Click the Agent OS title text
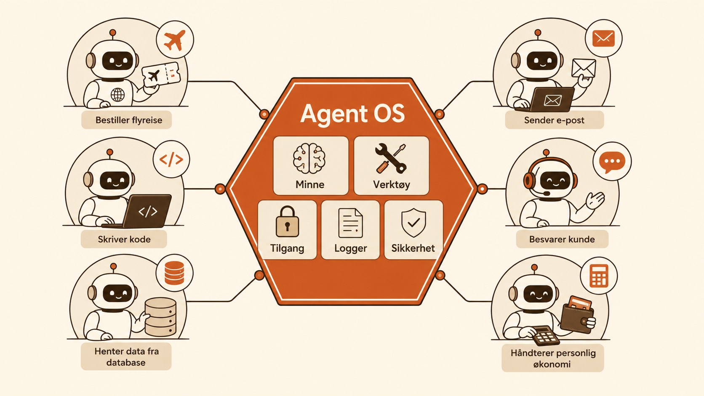point(352,114)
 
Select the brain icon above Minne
point(309,158)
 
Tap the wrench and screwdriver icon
point(391,158)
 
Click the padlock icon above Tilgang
point(287,221)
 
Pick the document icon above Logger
point(350,223)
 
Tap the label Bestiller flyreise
point(129,120)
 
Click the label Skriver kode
point(124,239)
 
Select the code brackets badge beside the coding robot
point(171,159)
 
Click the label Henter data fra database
point(126,357)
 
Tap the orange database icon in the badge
point(174,273)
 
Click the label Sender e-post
point(554,120)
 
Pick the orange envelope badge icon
point(603,38)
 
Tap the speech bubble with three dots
point(612,162)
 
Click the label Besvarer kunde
point(562,239)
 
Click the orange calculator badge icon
point(599,276)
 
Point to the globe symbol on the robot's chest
point(118,94)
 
